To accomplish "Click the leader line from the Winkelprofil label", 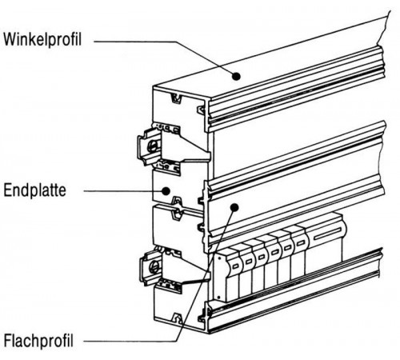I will pos(160,55).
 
